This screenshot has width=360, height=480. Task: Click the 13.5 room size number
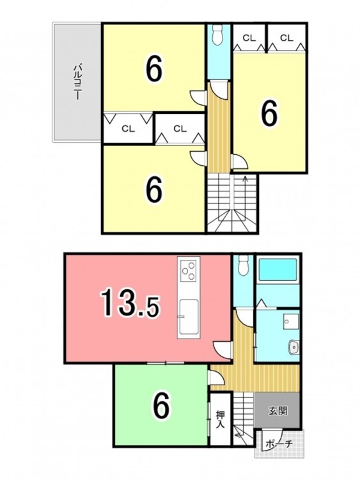(x=130, y=303)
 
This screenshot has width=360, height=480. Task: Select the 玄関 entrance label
(x=278, y=410)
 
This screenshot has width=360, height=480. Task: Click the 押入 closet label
(x=220, y=419)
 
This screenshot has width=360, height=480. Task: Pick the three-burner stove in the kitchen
(x=189, y=270)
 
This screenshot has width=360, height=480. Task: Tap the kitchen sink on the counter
(x=189, y=317)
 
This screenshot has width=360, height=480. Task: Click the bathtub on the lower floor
(x=278, y=269)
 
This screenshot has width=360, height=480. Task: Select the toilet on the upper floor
(x=219, y=35)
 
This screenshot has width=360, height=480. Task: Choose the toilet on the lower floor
(x=244, y=266)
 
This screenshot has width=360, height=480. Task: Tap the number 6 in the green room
(x=161, y=406)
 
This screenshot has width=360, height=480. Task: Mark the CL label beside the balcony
(x=128, y=129)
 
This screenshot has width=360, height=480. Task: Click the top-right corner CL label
(x=286, y=38)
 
